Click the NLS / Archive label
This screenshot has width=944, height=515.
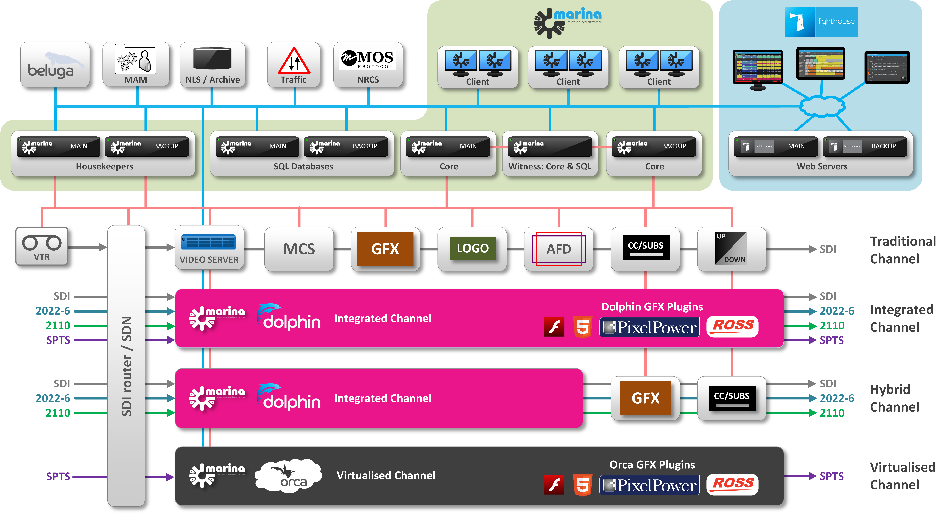213,79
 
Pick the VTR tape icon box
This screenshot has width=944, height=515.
42,246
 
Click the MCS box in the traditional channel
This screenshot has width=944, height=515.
299,249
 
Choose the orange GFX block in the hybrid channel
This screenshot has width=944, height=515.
645,398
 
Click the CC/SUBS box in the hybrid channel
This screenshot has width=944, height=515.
732,397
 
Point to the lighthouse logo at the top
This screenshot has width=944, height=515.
821,22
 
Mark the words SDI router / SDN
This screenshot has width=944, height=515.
126,366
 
